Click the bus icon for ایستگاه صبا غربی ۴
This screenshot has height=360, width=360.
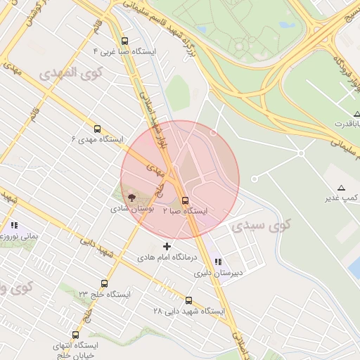pyautogui.click(x=125, y=41)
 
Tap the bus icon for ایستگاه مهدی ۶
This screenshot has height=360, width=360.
pyautogui.click(x=97, y=129)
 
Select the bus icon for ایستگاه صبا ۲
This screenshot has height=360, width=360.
pyautogui.click(x=185, y=199)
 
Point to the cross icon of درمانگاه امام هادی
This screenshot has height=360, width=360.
pyautogui.click(x=167, y=246)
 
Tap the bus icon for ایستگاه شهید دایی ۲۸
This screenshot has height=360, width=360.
pyautogui.click(x=188, y=300)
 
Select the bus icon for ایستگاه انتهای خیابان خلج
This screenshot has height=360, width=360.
pyautogui.click(x=75, y=335)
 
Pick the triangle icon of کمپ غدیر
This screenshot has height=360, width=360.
pyautogui.click(x=342, y=188)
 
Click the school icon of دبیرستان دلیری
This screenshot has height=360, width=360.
pyautogui.click(x=217, y=262)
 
